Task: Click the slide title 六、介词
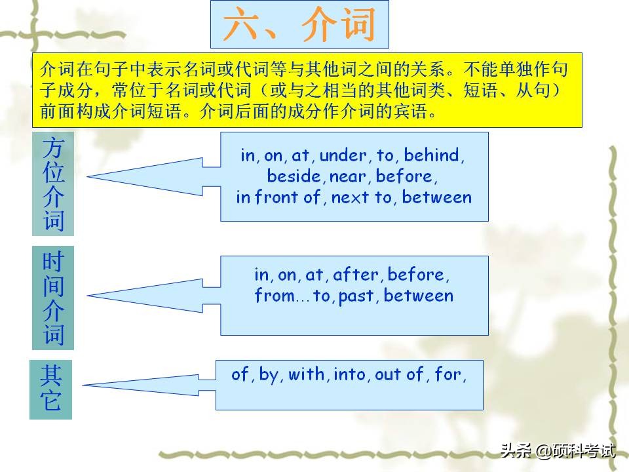(x=299, y=25)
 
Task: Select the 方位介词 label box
(x=53, y=184)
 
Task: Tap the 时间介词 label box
(x=53, y=298)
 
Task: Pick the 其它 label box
(x=50, y=389)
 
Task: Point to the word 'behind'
(x=433, y=155)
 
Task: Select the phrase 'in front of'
(x=278, y=197)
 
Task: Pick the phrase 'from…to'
(x=293, y=296)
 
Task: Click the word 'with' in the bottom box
(x=307, y=374)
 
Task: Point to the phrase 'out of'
(x=400, y=374)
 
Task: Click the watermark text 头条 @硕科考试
(x=558, y=450)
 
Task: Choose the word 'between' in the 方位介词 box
(x=436, y=197)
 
